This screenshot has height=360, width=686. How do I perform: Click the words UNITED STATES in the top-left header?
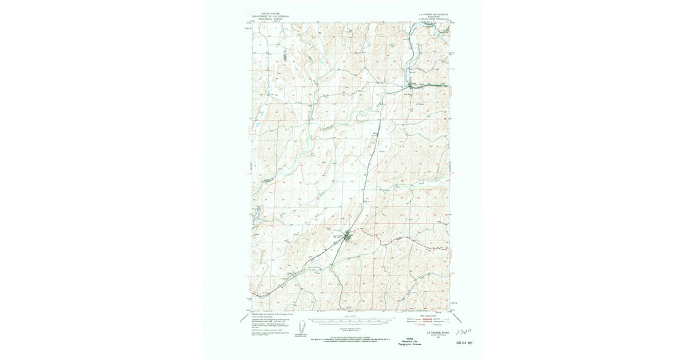[x=270, y=12]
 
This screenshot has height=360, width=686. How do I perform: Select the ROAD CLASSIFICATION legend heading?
[x=428, y=315]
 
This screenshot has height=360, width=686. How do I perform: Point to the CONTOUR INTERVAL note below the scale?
[x=350, y=330]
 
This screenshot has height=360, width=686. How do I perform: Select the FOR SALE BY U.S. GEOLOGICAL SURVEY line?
[x=350, y=339]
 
